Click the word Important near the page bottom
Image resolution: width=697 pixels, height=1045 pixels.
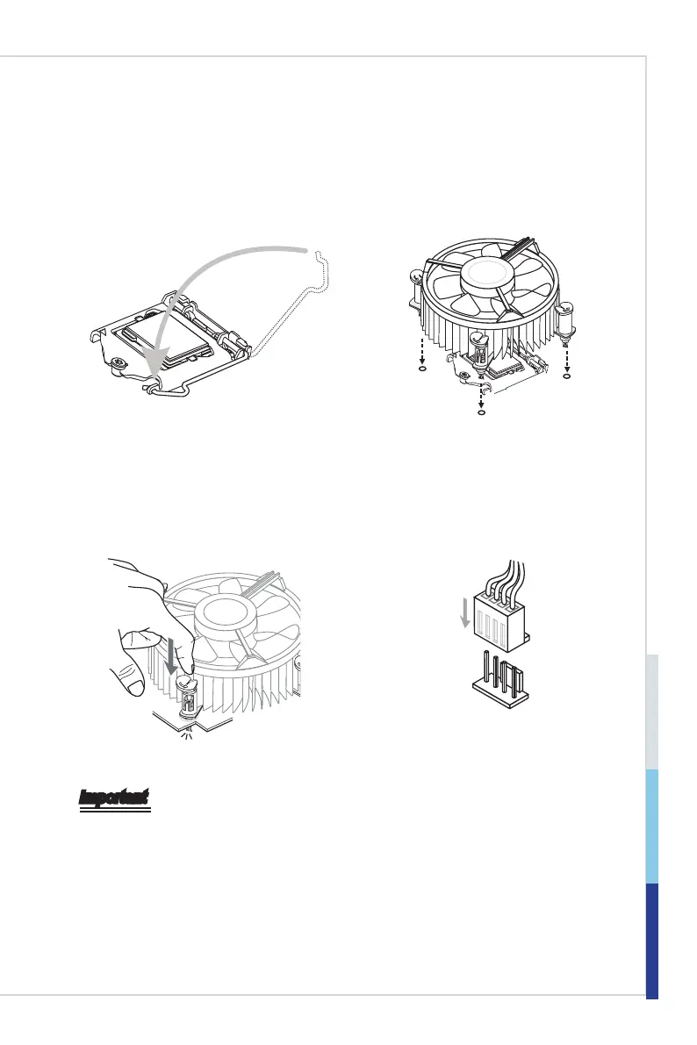114,798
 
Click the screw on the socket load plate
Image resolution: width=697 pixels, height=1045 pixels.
120,362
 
